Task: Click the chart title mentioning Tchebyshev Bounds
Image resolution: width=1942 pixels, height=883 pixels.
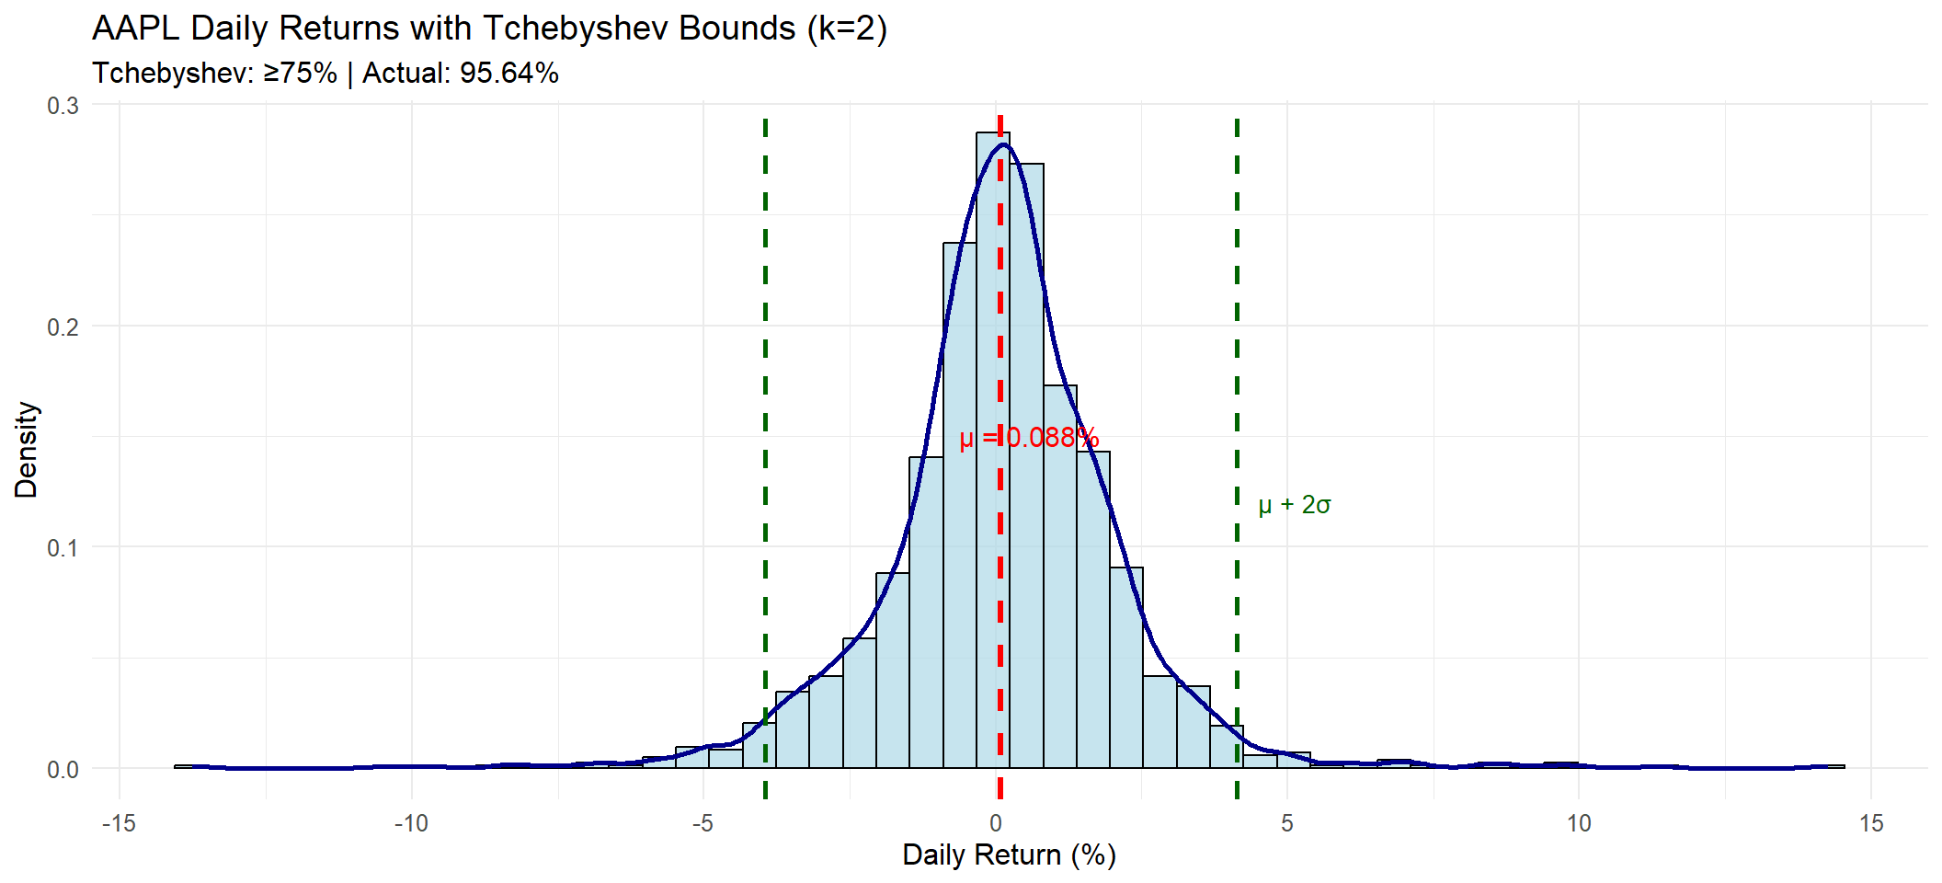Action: [x=489, y=29]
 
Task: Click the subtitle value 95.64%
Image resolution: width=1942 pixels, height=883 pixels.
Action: [x=509, y=74]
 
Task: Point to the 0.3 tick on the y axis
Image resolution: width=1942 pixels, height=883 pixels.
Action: [x=63, y=105]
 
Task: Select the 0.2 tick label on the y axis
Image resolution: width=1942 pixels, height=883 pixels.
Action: [x=63, y=327]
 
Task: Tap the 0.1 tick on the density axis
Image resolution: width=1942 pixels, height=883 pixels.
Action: [x=63, y=547]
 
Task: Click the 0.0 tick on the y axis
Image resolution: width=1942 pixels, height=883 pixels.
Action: [x=63, y=769]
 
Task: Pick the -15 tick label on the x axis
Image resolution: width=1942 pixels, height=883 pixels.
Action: [x=119, y=823]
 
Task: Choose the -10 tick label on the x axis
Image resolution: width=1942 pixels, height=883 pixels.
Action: [x=411, y=823]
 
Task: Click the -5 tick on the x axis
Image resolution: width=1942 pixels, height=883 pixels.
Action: [x=703, y=823]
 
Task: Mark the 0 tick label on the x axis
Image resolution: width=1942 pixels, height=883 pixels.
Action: [x=996, y=823]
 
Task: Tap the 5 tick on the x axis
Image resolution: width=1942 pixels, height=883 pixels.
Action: [x=1287, y=823]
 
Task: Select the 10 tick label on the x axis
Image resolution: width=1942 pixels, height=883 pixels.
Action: [x=1579, y=823]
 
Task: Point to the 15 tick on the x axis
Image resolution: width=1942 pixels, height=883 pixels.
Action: [x=1871, y=823]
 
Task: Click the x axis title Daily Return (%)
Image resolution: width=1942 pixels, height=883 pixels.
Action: [x=1009, y=855]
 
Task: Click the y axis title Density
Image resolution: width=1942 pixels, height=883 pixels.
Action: [x=27, y=450]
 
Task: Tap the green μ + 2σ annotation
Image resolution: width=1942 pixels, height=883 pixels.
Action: [x=1294, y=505]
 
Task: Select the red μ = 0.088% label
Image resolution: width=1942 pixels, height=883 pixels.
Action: [x=1029, y=438]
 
